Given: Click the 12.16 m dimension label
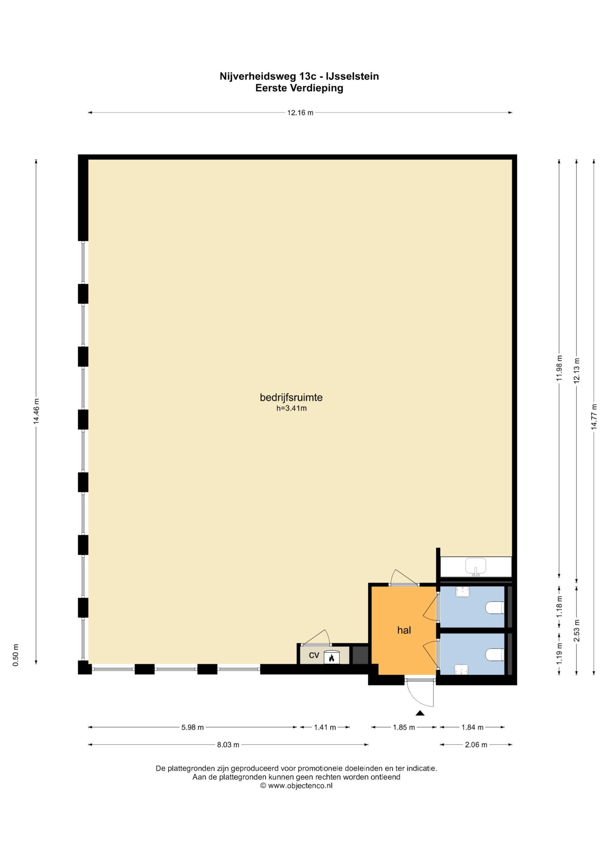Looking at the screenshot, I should click(300, 112).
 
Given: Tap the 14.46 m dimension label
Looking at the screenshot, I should click(36, 411).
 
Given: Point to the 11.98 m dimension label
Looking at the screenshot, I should click(559, 368).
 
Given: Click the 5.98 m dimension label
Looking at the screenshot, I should click(192, 727).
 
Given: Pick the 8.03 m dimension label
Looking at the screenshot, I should click(228, 745).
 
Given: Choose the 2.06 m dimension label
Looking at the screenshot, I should click(476, 745).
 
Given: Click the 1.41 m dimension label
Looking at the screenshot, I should click(325, 727).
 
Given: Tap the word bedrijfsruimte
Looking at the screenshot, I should click(291, 397).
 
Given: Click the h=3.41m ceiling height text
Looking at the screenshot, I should click(291, 408).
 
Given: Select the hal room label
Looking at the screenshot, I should click(404, 630).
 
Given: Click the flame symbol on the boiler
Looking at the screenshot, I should click(332, 658).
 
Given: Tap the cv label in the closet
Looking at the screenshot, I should click(314, 655).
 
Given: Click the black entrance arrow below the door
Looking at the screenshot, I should click(420, 713).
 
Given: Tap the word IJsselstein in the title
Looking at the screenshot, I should click(352, 76).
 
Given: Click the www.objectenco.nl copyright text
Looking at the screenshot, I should click(296, 786).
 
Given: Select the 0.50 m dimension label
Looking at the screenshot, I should click(15, 655).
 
